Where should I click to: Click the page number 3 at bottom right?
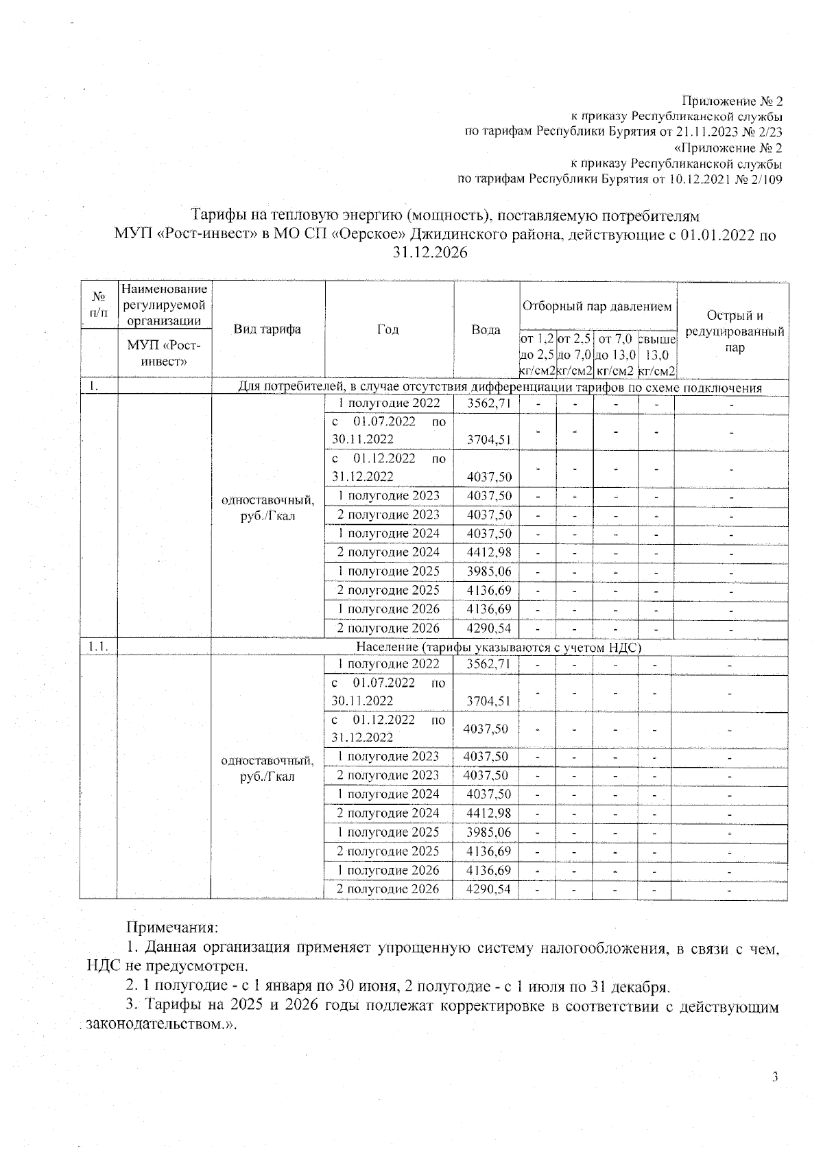coord(775,1076)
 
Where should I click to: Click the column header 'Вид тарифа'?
coord(267,329)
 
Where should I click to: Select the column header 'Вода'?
coord(486,330)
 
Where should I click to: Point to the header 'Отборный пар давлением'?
coord(597,306)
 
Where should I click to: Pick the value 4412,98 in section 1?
coord(489,552)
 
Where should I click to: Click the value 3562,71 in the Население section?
coord(488,664)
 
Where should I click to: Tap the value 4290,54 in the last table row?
coord(488,889)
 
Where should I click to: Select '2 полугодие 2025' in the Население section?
coord(387,851)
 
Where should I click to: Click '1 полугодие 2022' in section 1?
coord(389,403)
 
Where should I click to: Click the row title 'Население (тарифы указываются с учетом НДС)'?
coord(499,646)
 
